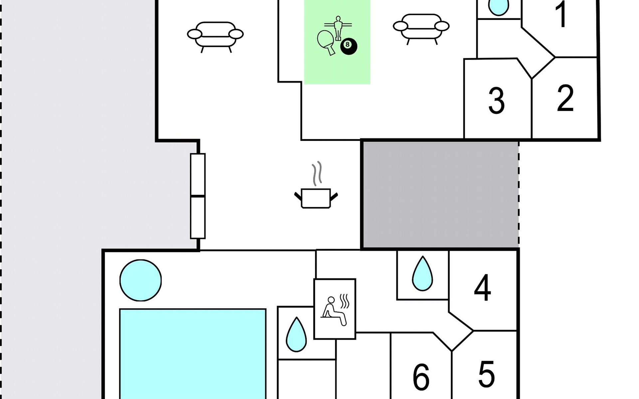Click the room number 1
pos(562,15)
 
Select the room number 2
pos(565,98)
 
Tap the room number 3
pos(496,101)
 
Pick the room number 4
pos(482,288)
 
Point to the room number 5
pos(486,374)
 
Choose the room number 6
pos(421,377)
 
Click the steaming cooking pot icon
pos(316,198)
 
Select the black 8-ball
pos(348,46)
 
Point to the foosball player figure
pos(338,27)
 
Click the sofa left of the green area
pos(215,36)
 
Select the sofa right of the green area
pos(421,28)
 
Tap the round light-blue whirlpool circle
pos(140,280)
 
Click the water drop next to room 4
pos(422,274)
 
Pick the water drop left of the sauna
pos(296,335)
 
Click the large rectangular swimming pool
pos(193,354)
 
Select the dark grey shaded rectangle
pos(440,194)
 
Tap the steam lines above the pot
pos(317,173)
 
